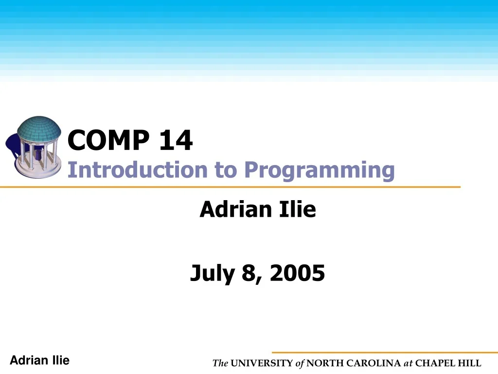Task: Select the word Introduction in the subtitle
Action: click(138, 170)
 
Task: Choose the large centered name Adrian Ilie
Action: click(258, 210)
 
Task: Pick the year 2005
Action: click(298, 273)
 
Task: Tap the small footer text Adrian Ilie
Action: click(40, 360)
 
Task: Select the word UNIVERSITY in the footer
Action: click(262, 363)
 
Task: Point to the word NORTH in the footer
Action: click(324, 363)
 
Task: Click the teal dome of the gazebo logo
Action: click(39, 128)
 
